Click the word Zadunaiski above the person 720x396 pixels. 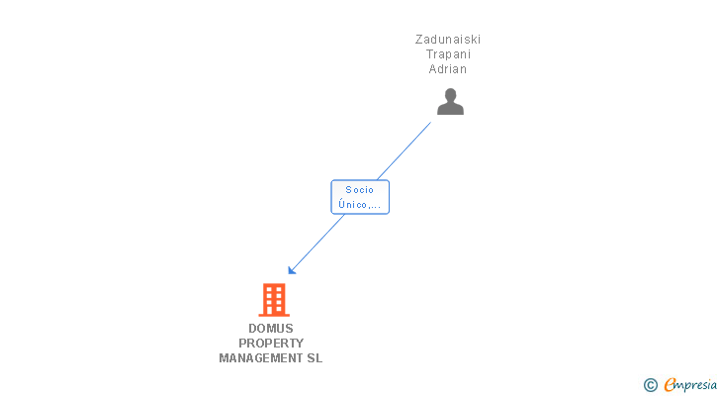pos(448,40)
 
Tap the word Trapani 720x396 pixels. pos(448,54)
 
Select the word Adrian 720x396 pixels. pos(448,69)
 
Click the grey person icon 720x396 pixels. pos(450,101)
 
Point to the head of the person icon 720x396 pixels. pos(450,95)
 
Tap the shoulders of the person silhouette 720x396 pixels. pos(450,109)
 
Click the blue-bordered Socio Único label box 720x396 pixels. pos(359,197)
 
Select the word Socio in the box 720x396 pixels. pos(359,190)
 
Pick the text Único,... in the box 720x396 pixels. pos(359,205)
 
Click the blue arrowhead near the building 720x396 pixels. pos(292,270)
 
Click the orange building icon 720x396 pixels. pos(274,299)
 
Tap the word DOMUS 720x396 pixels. pos(271,329)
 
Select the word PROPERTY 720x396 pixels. pos(271,344)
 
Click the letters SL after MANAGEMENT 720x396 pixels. pos(315,358)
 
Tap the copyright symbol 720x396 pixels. pos(651,385)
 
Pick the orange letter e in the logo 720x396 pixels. pos(670,385)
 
